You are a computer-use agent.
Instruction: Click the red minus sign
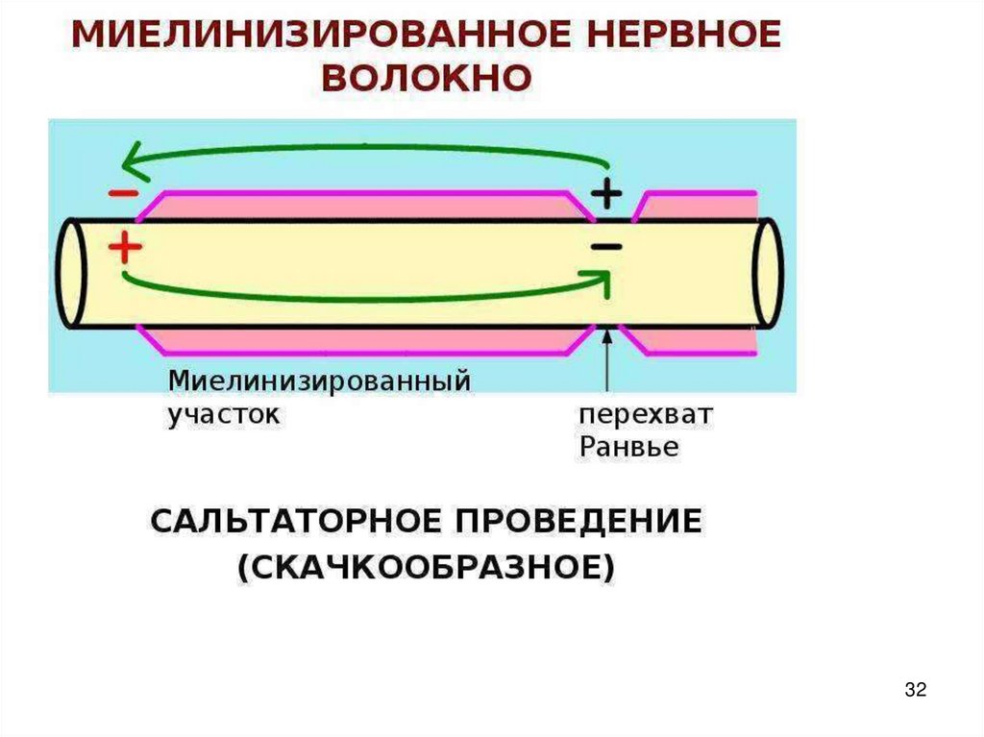[122, 193]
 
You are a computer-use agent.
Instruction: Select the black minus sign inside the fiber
[606, 247]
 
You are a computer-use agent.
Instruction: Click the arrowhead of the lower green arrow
[601, 279]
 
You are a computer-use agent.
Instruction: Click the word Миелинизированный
[319, 381]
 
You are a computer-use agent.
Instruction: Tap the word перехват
[645, 416]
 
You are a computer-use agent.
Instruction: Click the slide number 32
[915, 689]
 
